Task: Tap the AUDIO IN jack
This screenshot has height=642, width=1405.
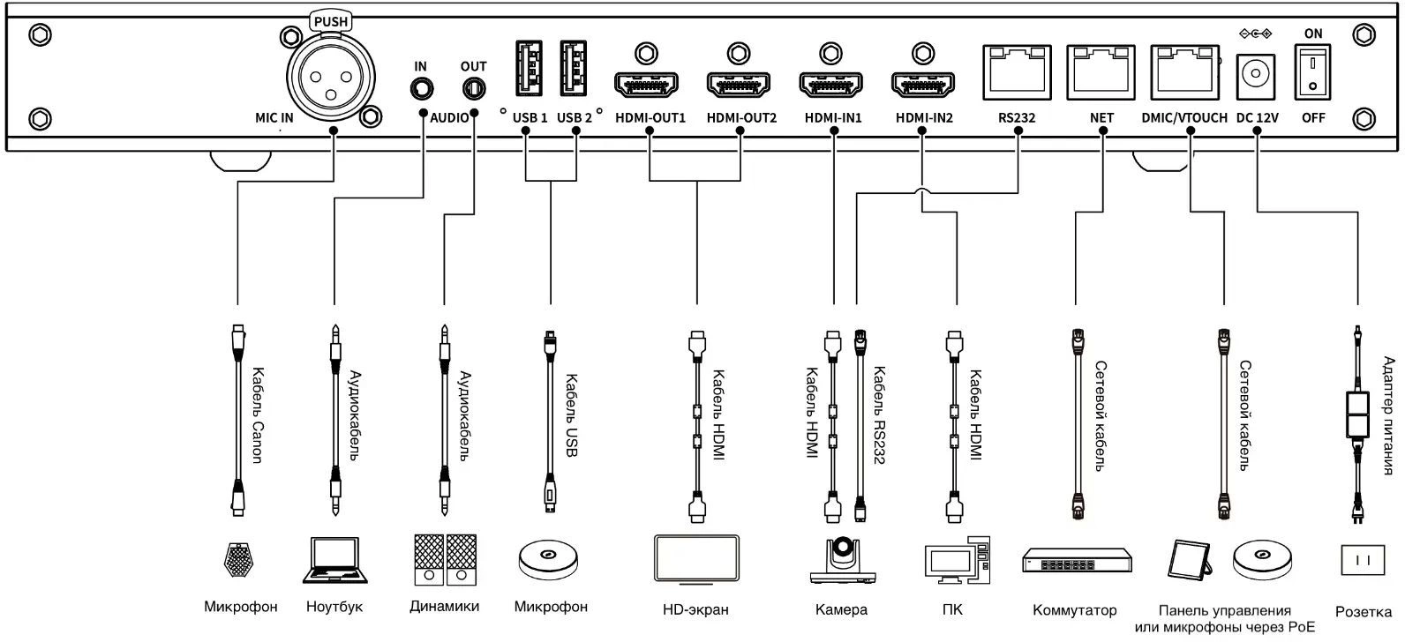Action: coord(421,89)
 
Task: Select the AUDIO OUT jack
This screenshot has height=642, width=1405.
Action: coord(474,89)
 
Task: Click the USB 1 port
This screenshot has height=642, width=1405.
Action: coord(526,69)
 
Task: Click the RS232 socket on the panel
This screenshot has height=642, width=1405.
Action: coord(1017,70)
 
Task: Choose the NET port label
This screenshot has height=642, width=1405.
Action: coord(1102,117)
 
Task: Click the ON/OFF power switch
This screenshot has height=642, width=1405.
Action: coord(1313,72)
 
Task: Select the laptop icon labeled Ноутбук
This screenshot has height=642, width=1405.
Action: coord(334,560)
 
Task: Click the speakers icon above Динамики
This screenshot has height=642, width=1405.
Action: coord(445,559)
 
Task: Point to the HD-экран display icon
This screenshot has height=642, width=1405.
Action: coord(696,558)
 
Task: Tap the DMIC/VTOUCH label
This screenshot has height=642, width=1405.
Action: coord(1183,117)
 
